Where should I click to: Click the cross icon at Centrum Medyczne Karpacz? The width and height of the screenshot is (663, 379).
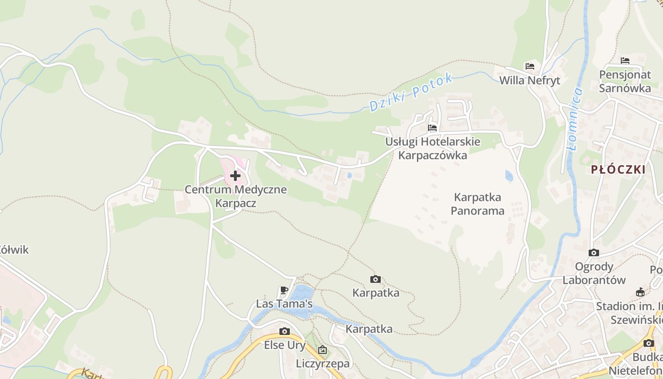235,176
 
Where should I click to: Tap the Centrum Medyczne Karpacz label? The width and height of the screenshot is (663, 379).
235,196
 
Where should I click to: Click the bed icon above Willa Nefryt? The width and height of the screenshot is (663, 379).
529,66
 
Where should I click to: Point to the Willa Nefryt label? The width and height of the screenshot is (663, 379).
529,81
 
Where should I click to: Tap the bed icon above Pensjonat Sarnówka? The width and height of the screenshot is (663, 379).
625,61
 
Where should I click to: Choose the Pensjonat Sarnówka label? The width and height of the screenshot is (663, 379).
625,81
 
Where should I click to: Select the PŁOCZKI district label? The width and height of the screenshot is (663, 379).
618,170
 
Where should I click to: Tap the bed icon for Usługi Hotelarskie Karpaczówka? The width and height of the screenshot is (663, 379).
432,127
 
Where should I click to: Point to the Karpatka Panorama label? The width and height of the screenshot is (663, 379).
477,204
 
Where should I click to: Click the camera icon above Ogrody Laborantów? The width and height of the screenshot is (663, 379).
593,253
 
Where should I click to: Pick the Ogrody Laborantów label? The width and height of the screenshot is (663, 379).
594,273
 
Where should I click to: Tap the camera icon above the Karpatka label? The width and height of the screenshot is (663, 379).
375,280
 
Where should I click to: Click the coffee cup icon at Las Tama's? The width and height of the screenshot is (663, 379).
284,290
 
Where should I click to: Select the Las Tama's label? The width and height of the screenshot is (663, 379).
284,303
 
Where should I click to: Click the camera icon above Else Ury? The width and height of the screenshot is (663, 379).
284,331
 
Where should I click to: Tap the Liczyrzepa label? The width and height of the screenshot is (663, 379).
323,363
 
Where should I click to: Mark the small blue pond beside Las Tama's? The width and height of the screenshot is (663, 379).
302,294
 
